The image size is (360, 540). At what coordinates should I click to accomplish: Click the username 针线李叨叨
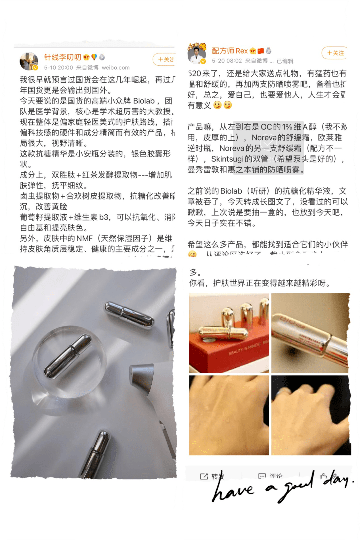[63, 57]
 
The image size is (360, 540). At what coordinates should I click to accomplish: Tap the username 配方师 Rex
[230, 51]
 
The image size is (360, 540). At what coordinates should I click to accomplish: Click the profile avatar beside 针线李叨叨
[29, 61]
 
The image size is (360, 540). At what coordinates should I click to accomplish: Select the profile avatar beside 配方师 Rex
[197, 53]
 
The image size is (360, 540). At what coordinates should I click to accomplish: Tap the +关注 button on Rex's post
[335, 53]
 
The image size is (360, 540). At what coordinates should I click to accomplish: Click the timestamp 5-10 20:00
[58, 68]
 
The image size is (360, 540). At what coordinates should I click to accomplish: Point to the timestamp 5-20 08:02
[227, 61]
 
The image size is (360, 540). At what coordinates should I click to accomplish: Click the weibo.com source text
[115, 68]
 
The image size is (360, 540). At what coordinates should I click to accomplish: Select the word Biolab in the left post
[144, 101]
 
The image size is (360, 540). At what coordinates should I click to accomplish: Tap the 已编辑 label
[285, 61]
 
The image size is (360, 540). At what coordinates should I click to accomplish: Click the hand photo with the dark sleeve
[311, 415]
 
